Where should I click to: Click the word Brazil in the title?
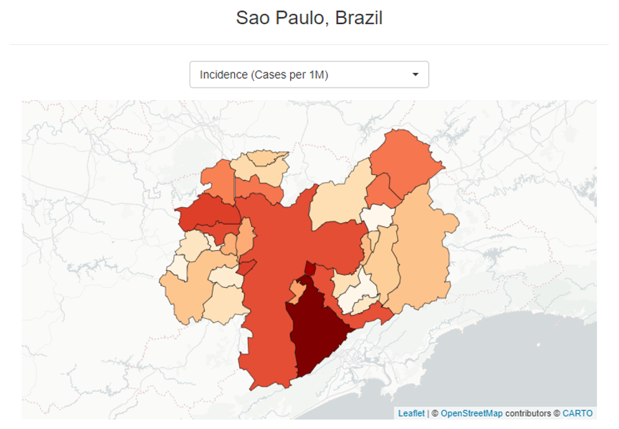click(358, 18)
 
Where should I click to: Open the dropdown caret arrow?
click(415, 74)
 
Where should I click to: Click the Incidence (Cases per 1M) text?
click(263, 74)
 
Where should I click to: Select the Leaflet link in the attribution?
click(412, 413)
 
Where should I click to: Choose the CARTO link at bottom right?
click(577, 413)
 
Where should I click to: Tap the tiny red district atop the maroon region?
click(310, 268)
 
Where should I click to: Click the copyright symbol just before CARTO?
click(556, 413)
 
